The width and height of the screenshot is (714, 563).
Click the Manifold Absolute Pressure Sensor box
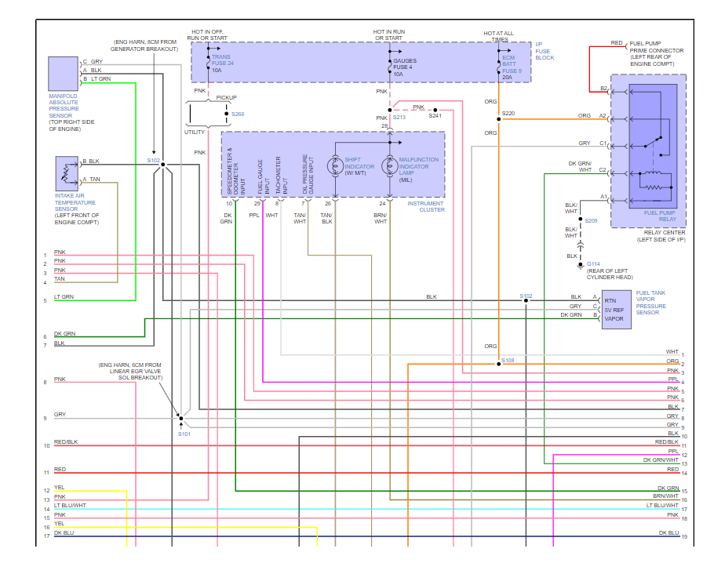click(64, 74)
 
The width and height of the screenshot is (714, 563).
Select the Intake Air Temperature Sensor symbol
click(67, 173)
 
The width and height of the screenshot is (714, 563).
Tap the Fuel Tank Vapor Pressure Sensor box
click(617, 310)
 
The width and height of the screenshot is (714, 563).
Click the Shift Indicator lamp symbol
click(336, 166)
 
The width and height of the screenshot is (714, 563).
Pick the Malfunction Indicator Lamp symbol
click(390, 166)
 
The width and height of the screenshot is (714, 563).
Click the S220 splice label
click(508, 114)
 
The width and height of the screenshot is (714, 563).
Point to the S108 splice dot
click(498, 364)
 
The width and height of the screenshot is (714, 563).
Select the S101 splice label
click(184, 434)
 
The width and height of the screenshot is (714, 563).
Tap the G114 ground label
click(593, 264)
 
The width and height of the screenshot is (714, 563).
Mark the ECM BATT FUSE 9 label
click(512, 67)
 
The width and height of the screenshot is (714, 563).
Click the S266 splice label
click(238, 114)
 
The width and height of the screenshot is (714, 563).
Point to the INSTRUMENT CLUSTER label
click(426, 207)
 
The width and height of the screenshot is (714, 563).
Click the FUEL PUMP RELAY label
click(660, 216)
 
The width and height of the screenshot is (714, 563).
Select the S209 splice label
click(591, 221)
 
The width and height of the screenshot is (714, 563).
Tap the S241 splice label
click(435, 116)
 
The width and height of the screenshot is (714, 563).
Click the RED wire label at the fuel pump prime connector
click(617, 43)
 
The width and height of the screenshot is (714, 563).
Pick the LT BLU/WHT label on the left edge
click(70, 506)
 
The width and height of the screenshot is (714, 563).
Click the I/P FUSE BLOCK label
click(545, 51)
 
